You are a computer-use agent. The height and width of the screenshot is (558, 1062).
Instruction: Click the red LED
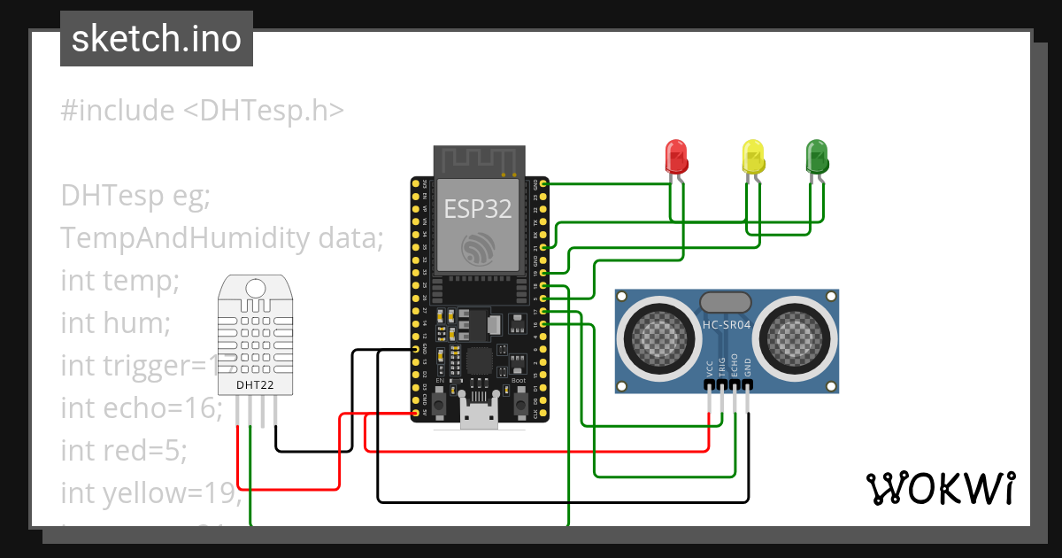(x=676, y=157)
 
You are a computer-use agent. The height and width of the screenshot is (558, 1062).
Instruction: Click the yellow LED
(x=752, y=157)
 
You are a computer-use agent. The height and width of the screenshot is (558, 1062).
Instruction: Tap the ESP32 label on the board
(x=478, y=209)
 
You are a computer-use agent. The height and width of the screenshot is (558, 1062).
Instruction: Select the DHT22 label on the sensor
(x=255, y=385)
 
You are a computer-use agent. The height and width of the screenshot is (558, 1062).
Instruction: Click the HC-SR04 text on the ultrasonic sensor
(x=727, y=324)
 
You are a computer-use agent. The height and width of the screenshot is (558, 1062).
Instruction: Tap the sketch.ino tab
(x=157, y=39)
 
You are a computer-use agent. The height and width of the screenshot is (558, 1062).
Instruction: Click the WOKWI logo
(x=939, y=488)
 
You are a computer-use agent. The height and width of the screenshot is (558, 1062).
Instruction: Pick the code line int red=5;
(x=124, y=450)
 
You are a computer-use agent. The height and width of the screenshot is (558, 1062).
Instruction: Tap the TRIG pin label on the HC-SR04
(x=722, y=367)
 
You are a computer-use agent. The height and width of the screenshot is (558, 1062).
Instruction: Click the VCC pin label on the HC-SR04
(x=710, y=368)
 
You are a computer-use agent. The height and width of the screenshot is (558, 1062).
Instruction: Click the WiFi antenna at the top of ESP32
(x=478, y=161)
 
